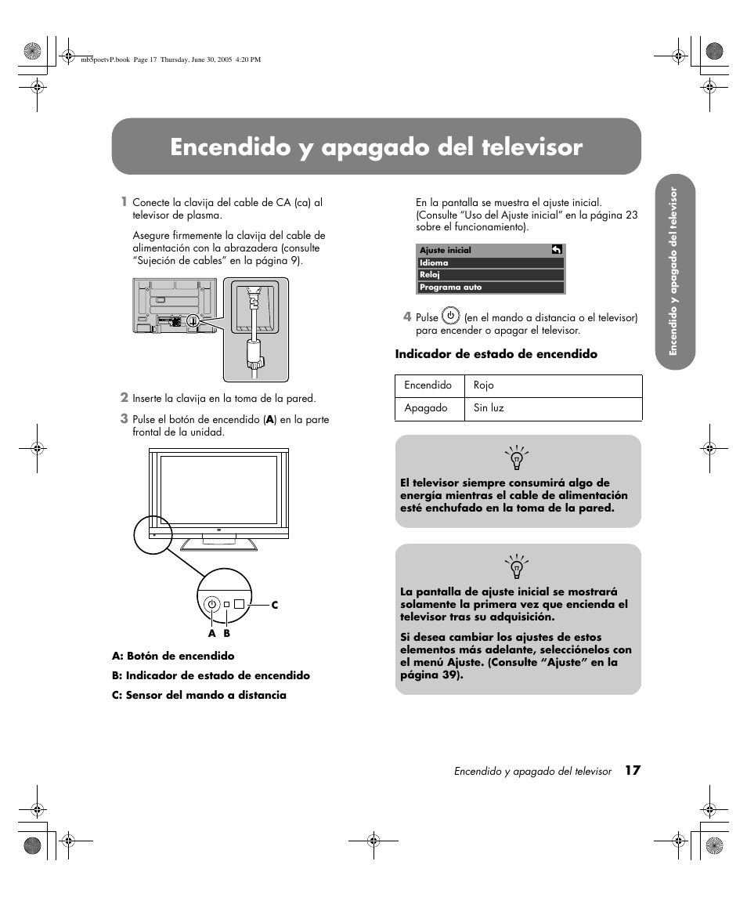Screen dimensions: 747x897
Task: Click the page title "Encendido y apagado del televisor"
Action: click(376, 147)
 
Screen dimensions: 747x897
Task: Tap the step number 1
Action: click(123, 202)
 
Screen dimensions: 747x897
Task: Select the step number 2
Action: click(124, 398)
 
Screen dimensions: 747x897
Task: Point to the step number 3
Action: click(124, 419)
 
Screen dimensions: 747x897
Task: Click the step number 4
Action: click(407, 317)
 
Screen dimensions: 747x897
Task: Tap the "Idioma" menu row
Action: click(490, 263)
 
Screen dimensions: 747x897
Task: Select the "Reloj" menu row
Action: click(490, 275)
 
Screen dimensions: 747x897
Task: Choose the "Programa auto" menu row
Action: click(490, 288)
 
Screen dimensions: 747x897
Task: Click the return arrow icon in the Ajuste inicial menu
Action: click(556, 250)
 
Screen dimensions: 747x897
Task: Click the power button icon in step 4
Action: click(450, 316)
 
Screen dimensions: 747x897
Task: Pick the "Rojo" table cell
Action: click(484, 385)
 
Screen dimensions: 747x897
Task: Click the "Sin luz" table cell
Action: click(489, 408)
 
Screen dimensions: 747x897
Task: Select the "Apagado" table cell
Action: click(426, 408)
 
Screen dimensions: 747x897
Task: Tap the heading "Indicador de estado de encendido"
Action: click(496, 354)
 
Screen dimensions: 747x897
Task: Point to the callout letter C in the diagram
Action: click(275, 606)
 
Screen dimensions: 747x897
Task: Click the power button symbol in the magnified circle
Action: click(211, 604)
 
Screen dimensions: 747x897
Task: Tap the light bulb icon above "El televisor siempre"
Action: click(517, 458)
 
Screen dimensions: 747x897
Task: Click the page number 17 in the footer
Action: click(633, 770)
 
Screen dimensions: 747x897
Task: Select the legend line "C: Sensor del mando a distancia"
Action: click(199, 695)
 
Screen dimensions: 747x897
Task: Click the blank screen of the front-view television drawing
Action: click(218, 490)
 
